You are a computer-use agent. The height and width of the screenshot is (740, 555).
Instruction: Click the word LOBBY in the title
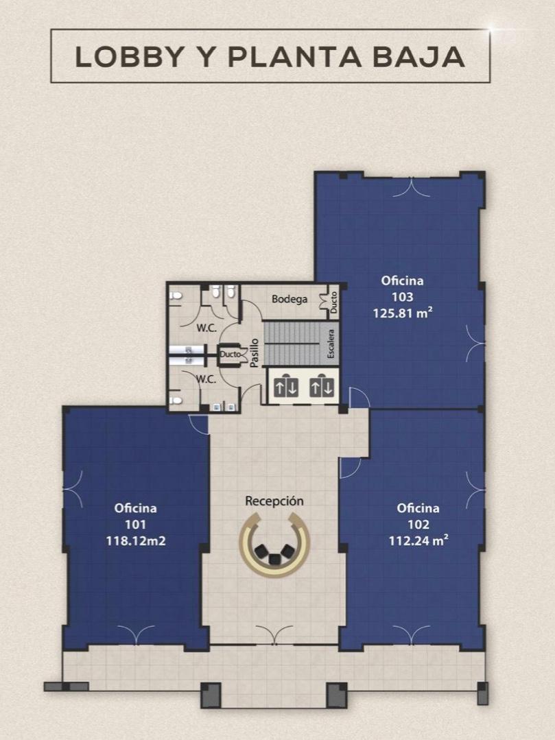129,57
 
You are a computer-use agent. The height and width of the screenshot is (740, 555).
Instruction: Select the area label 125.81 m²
403,313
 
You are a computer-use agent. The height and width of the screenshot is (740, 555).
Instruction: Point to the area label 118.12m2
136,540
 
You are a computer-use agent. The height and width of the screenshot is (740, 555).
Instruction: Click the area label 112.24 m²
418,540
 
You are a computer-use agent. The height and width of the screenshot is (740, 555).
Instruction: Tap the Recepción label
274,501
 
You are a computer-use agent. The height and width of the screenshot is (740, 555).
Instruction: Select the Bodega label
290,299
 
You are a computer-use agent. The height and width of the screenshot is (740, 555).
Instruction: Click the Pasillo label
255,353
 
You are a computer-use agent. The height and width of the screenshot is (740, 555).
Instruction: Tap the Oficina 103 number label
403,297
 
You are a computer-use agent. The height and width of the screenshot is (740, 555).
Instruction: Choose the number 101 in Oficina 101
135,525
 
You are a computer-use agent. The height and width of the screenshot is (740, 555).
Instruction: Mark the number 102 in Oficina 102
418,525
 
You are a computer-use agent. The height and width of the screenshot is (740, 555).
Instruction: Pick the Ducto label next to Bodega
333,302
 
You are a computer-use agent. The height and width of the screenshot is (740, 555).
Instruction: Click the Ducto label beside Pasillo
231,354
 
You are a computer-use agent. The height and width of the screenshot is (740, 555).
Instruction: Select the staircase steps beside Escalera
294,344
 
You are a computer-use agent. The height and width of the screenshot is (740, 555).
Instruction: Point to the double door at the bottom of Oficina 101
136,635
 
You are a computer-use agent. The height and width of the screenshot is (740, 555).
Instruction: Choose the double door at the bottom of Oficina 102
411,635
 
